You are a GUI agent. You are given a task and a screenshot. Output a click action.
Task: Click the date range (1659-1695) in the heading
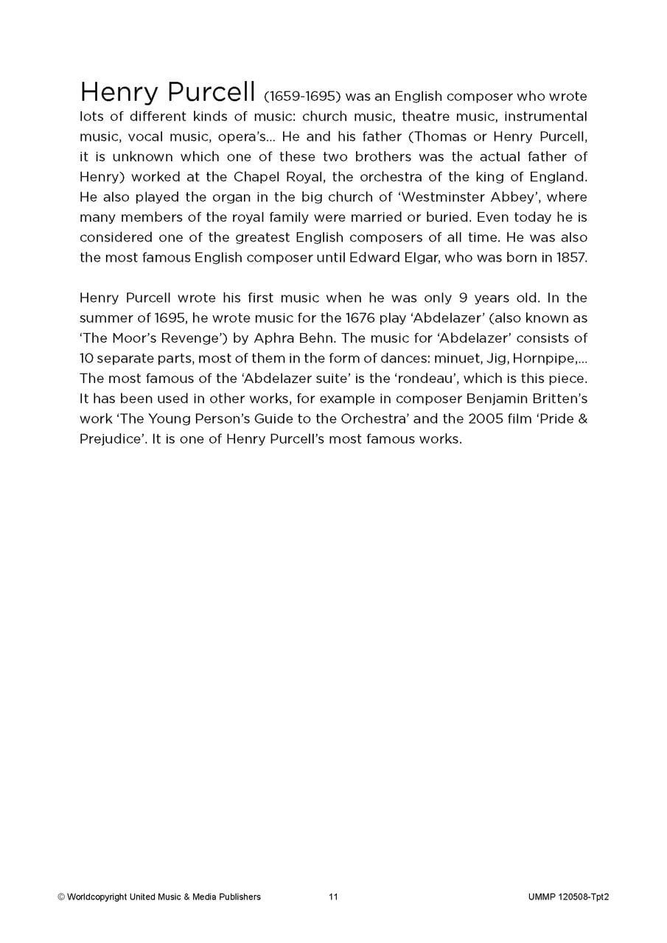point(301,97)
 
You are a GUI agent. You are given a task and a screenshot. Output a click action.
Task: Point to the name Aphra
point(254,338)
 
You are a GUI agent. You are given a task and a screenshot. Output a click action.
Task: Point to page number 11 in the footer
point(333,897)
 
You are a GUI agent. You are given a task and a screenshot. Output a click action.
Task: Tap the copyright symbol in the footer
point(61,897)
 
